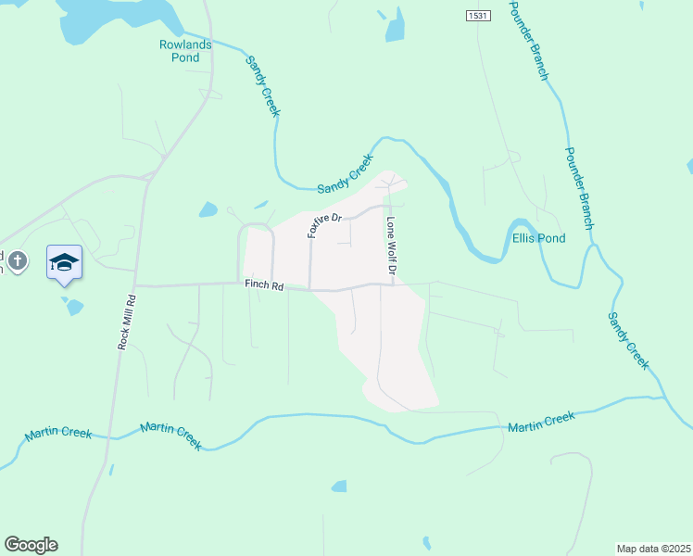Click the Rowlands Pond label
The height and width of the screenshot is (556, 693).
point(185,51)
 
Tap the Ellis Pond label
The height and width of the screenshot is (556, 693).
point(538,238)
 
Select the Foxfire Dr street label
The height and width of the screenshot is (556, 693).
point(325,226)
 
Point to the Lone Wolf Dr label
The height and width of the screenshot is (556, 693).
point(391,246)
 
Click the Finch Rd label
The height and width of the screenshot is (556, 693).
point(264,286)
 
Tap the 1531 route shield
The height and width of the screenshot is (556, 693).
point(477,16)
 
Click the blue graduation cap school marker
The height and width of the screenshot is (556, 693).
point(64,263)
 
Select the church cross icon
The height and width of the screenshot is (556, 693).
point(17,262)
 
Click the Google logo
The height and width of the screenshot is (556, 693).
point(31,545)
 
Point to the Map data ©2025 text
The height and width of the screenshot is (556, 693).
point(652,549)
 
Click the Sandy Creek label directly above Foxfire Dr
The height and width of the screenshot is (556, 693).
point(345,174)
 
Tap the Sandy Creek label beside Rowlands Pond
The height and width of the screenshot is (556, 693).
point(262,85)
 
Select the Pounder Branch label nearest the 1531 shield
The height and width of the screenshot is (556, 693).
point(529,40)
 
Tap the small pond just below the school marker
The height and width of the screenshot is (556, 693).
point(72,306)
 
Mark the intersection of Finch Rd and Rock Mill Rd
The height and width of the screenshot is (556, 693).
point(135,285)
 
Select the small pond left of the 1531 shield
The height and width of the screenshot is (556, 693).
point(396,28)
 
